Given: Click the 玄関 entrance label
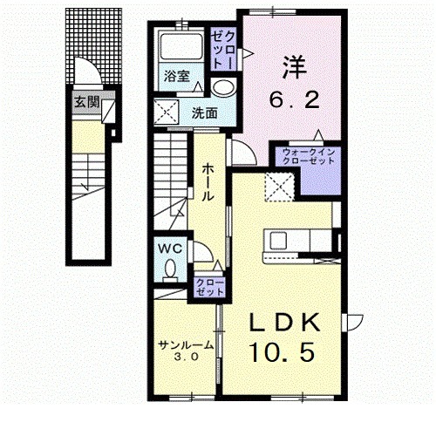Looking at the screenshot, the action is click(x=86, y=102).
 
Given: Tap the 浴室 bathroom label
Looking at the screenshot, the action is click(x=177, y=76).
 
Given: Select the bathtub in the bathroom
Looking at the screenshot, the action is click(x=181, y=46).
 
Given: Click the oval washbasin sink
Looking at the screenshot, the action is click(x=223, y=86).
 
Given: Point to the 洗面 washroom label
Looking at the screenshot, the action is click(x=204, y=113).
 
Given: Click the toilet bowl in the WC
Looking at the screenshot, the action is click(x=170, y=269).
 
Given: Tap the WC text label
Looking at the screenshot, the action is click(x=169, y=249).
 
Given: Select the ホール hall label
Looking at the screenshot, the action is click(x=208, y=182).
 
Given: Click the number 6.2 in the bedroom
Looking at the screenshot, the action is click(x=294, y=99).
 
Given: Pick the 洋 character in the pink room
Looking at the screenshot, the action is click(x=294, y=68).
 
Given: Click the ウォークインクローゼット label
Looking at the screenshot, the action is click(x=309, y=156).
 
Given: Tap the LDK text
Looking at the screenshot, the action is click(x=284, y=323).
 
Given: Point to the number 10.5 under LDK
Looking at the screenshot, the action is click(x=282, y=352).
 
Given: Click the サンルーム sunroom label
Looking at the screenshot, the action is click(x=186, y=344).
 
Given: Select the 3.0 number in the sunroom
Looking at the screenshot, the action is click(x=186, y=357).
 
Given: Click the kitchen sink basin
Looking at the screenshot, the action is click(x=278, y=241).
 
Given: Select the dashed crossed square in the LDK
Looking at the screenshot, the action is click(x=280, y=187).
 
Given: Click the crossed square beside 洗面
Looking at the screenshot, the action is click(x=166, y=112).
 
